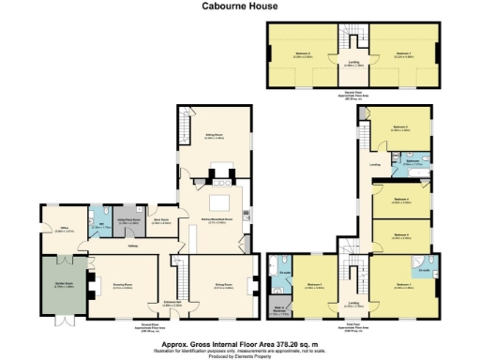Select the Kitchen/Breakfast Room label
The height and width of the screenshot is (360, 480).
tap(216, 221)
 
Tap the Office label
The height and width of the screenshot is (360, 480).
tap(59, 228)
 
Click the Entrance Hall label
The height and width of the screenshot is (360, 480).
tap(172, 304)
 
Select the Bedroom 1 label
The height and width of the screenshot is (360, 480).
tap(404, 285)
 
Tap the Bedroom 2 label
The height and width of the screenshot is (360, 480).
tap(315, 285)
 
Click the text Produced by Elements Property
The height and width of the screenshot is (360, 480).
tap(239, 355)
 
